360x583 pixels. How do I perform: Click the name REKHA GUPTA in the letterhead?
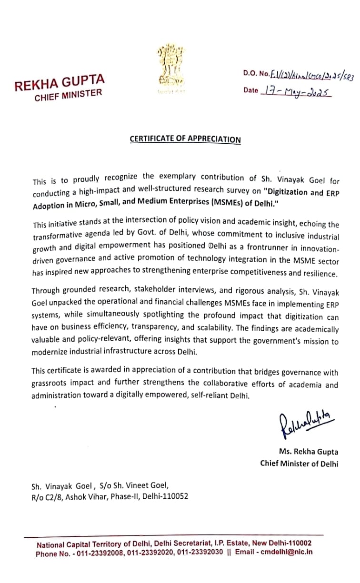(59, 82)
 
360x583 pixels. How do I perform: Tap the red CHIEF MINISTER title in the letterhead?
(68, 95)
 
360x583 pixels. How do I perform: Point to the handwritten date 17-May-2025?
(295, 90)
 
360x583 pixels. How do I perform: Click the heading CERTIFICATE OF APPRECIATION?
(185, 139)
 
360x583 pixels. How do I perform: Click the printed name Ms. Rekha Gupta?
(309, 452)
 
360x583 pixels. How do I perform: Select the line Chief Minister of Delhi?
(299, 463)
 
